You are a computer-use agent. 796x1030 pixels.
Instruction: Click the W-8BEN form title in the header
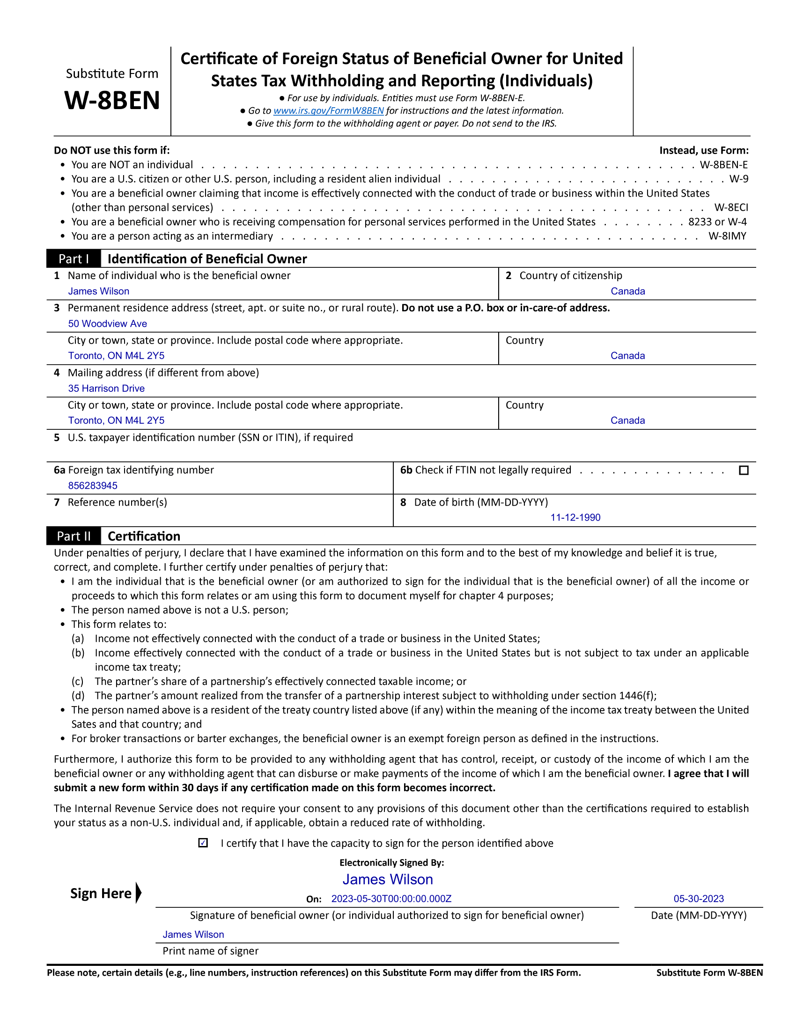(112, 101)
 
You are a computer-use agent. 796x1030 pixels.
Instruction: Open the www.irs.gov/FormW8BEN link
(328, 111)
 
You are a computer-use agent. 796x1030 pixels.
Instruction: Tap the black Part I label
(74, 259)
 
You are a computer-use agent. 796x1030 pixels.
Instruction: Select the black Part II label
(74, 536)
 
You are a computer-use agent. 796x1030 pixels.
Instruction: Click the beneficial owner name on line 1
(98, 292)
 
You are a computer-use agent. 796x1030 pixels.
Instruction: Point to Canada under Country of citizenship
(627, 292)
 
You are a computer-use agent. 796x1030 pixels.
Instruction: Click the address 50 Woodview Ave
(108, 324)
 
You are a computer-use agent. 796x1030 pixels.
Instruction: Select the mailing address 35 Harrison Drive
(106, 389)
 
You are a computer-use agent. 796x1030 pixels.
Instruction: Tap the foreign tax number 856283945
(93, 486)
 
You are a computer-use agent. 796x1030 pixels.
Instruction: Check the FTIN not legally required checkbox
(744, 470)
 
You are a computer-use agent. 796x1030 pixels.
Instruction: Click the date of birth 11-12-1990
(575, 518)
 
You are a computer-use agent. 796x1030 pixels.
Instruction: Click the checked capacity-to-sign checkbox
(203, 843)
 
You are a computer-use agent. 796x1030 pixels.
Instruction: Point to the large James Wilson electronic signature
(388, 880)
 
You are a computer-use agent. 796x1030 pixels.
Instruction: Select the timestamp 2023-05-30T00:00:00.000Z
(391, 899)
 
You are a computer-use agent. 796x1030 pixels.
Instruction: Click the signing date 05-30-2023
(699, 899)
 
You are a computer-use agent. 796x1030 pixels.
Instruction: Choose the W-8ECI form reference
(731, 208)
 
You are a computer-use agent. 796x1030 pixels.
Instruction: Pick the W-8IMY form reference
(727, 236)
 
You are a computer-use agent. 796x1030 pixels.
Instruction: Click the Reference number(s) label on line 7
(118, 502)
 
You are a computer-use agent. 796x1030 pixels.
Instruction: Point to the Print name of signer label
(210, 951)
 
